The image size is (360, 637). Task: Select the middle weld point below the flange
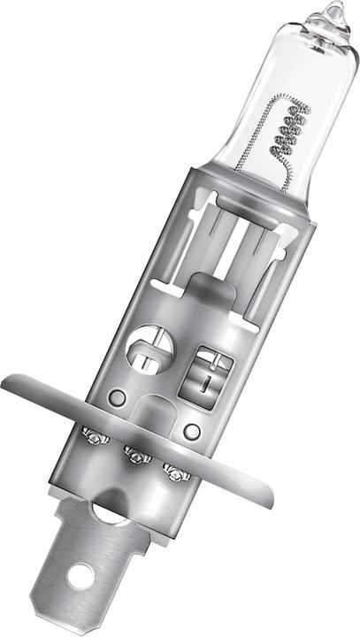[135, 456]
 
